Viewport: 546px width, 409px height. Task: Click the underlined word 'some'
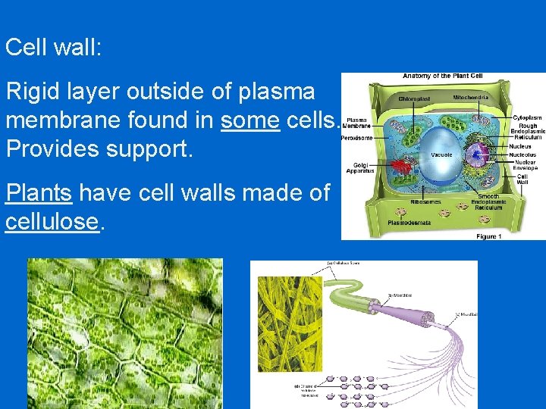[250, 120]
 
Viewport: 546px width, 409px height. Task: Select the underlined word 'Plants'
[39, 193]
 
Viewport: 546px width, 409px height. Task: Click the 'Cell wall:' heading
[53, 48]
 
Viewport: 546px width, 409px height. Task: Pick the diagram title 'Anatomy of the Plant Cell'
[442, 76]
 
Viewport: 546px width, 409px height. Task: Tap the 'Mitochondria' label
[471, 98]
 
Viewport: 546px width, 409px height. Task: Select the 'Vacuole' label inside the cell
[441, 155]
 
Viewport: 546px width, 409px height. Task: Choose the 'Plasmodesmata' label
[409, 223]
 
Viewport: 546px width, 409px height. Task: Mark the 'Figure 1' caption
[488, 236]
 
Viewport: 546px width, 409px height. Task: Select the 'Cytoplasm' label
[527, 118]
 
